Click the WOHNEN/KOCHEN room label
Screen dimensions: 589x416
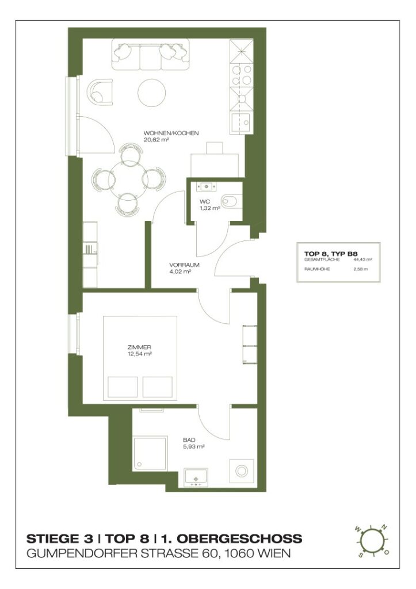171,133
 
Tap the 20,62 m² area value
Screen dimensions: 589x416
157,139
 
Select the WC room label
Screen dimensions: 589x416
204,202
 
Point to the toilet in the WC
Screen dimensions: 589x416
230,201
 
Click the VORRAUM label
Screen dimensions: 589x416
184,265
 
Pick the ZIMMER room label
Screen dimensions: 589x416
139,347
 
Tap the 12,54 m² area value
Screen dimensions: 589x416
139,354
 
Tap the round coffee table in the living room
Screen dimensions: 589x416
152,92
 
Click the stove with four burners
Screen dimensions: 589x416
240,75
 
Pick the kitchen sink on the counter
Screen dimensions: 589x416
240,122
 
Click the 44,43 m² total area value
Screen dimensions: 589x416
366,260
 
